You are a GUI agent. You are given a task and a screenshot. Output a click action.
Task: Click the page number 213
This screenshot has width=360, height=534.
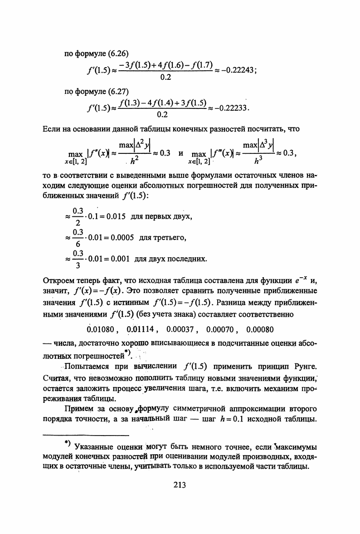(x=180, y=485)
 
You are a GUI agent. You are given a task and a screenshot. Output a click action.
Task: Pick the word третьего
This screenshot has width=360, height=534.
(x=171, y=238)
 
